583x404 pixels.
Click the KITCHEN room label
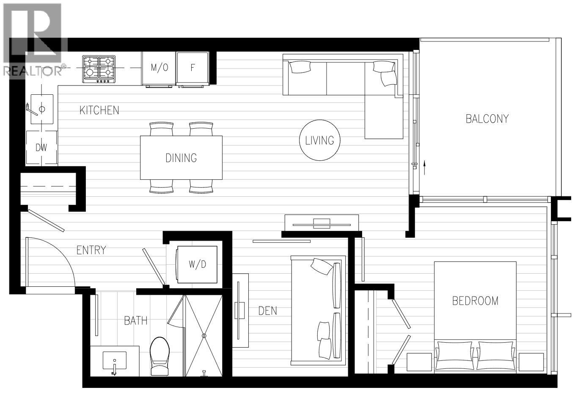point(99,110)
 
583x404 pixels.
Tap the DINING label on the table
point(181,158)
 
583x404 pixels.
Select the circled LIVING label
point(319,140)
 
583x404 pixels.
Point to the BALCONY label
point(487,118)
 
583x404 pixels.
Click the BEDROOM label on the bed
point(475,301)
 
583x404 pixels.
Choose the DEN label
point(268,311)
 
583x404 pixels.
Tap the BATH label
point(136,321)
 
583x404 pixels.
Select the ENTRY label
point(91,250)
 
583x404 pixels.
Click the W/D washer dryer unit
point(197,264)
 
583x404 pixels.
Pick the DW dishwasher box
point(41,148)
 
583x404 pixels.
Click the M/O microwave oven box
point(159,68)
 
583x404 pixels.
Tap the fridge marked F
point(192,68)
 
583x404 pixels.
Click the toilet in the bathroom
point(160,356)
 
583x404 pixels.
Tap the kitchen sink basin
point(41,110)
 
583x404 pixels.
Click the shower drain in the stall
point(204,335)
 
